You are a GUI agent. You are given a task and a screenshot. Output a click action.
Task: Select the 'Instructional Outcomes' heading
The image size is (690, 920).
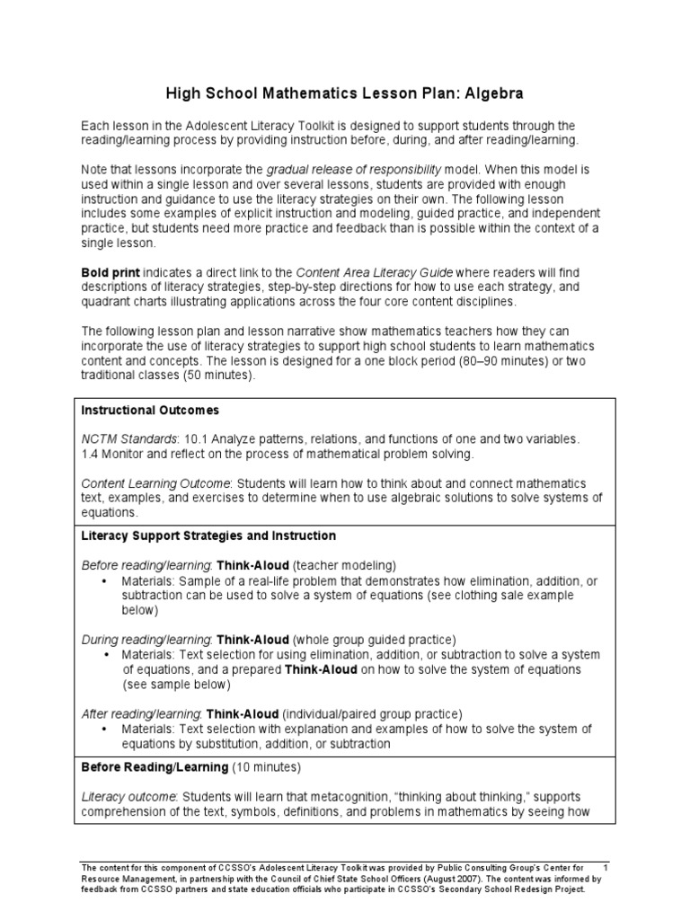pyautogui.click(x=150, y=410)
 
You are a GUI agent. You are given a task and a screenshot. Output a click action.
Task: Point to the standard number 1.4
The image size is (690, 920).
pyautogui.click(x=91, y=454)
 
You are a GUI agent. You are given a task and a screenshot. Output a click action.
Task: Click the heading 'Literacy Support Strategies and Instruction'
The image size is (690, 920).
pyautogui.click(x=208, y=535)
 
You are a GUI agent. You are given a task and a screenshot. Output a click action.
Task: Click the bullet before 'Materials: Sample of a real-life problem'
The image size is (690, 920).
pyautogui.click(x=105, y=580)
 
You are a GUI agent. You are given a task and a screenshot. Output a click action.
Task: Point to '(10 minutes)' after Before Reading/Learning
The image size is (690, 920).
pyautogui.click(x=267, y=768)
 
